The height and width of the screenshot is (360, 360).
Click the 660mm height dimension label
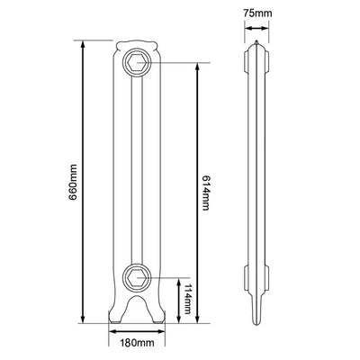click(74, 182)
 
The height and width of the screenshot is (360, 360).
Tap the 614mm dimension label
click(205, 193)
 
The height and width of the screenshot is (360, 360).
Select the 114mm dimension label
click(187, 299)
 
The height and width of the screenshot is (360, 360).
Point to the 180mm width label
click(137, 343)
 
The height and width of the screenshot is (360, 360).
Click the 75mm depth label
click(257, 13)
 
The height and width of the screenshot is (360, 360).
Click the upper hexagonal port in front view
click(137, 63)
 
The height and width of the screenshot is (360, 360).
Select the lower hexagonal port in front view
click(137, 277)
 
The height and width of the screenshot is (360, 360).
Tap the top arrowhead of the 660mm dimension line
click(83, 44)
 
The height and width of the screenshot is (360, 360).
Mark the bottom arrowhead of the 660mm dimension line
click(83, 319)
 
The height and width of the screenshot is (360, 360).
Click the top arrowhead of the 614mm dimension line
click(197, 67)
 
